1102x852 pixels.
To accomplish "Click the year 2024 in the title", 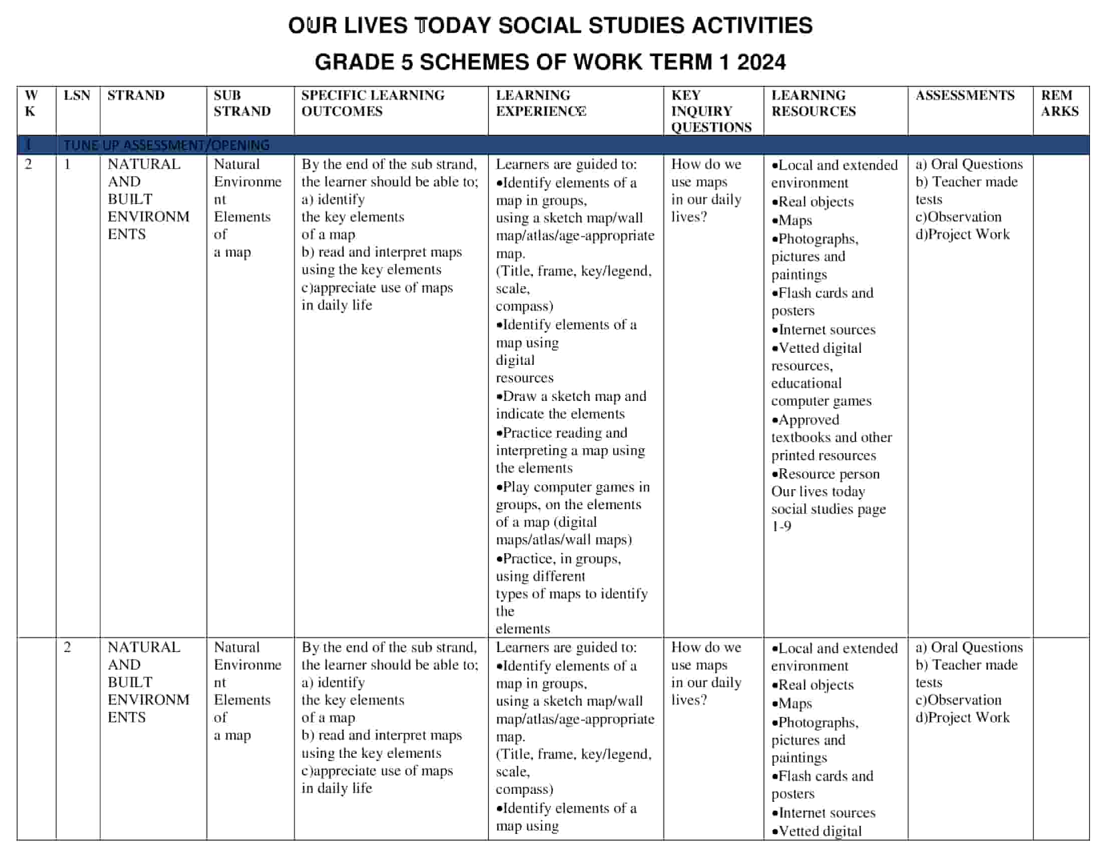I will point(761,62).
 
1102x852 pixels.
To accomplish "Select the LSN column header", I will point(77,95).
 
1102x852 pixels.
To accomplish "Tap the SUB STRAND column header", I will point(242,103).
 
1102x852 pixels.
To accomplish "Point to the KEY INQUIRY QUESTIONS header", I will point(711,111).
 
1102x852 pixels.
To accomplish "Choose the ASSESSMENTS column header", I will point(965,95).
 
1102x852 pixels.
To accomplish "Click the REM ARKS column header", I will point(1059,103).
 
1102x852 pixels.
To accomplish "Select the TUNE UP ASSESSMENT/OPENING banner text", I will point(166,145).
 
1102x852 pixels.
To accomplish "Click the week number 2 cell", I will point(28,164).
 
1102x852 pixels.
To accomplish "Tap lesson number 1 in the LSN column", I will point(67,164).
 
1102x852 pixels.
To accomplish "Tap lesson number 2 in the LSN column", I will point(67,647).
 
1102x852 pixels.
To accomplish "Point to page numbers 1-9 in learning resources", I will point(781,526).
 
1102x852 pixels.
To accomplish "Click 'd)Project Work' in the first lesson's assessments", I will point(962,234).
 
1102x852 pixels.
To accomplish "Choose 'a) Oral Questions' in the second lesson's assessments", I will point(969,647).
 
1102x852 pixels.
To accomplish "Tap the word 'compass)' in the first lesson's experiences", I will point(524,306).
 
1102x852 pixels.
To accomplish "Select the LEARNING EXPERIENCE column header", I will point(540,103).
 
